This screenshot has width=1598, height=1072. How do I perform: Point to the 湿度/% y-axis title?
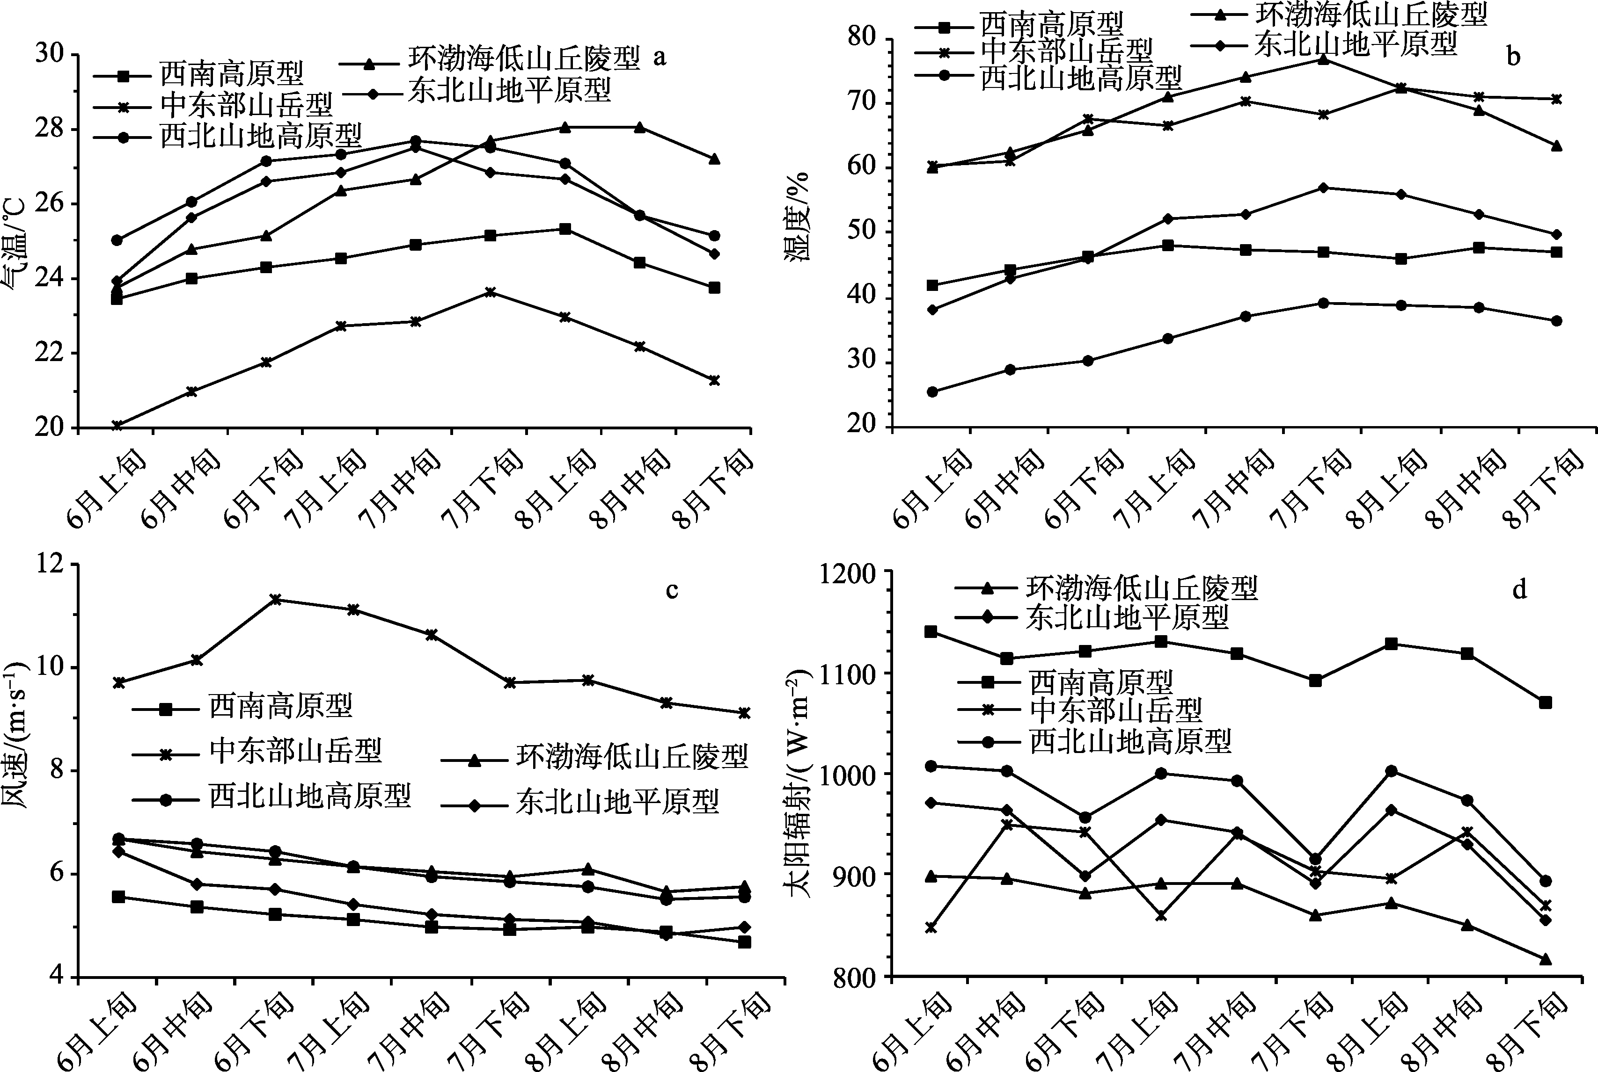pyautogui.click(x=796, y=217)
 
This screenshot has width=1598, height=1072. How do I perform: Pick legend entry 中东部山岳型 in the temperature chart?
pyautogui.click(x=246, y=104)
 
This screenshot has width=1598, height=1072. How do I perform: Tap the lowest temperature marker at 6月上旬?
pyautogui.click(x=117, y=425)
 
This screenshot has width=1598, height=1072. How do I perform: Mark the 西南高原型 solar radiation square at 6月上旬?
pyautogui.click(x=931, y=631)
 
